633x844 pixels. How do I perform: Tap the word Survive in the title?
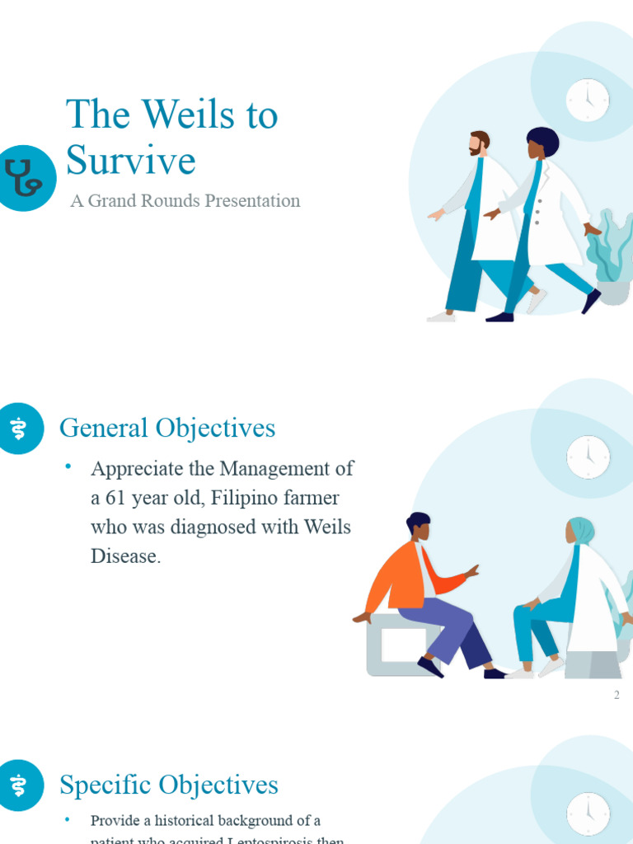click(130, 160)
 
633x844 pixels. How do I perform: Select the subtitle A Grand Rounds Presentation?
click(185, 201)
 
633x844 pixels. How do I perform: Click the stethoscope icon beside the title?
click(23, 178)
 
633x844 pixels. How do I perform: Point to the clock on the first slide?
click(588, 101)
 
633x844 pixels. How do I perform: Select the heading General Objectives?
click(167, 429)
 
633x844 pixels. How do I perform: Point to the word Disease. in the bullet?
click(125, 556)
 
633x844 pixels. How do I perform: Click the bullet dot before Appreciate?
click(69, 468)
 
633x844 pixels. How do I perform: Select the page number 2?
click(616, 695)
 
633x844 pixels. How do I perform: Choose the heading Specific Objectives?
click(169, 785)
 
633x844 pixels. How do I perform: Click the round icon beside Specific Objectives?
click(18, 785)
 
